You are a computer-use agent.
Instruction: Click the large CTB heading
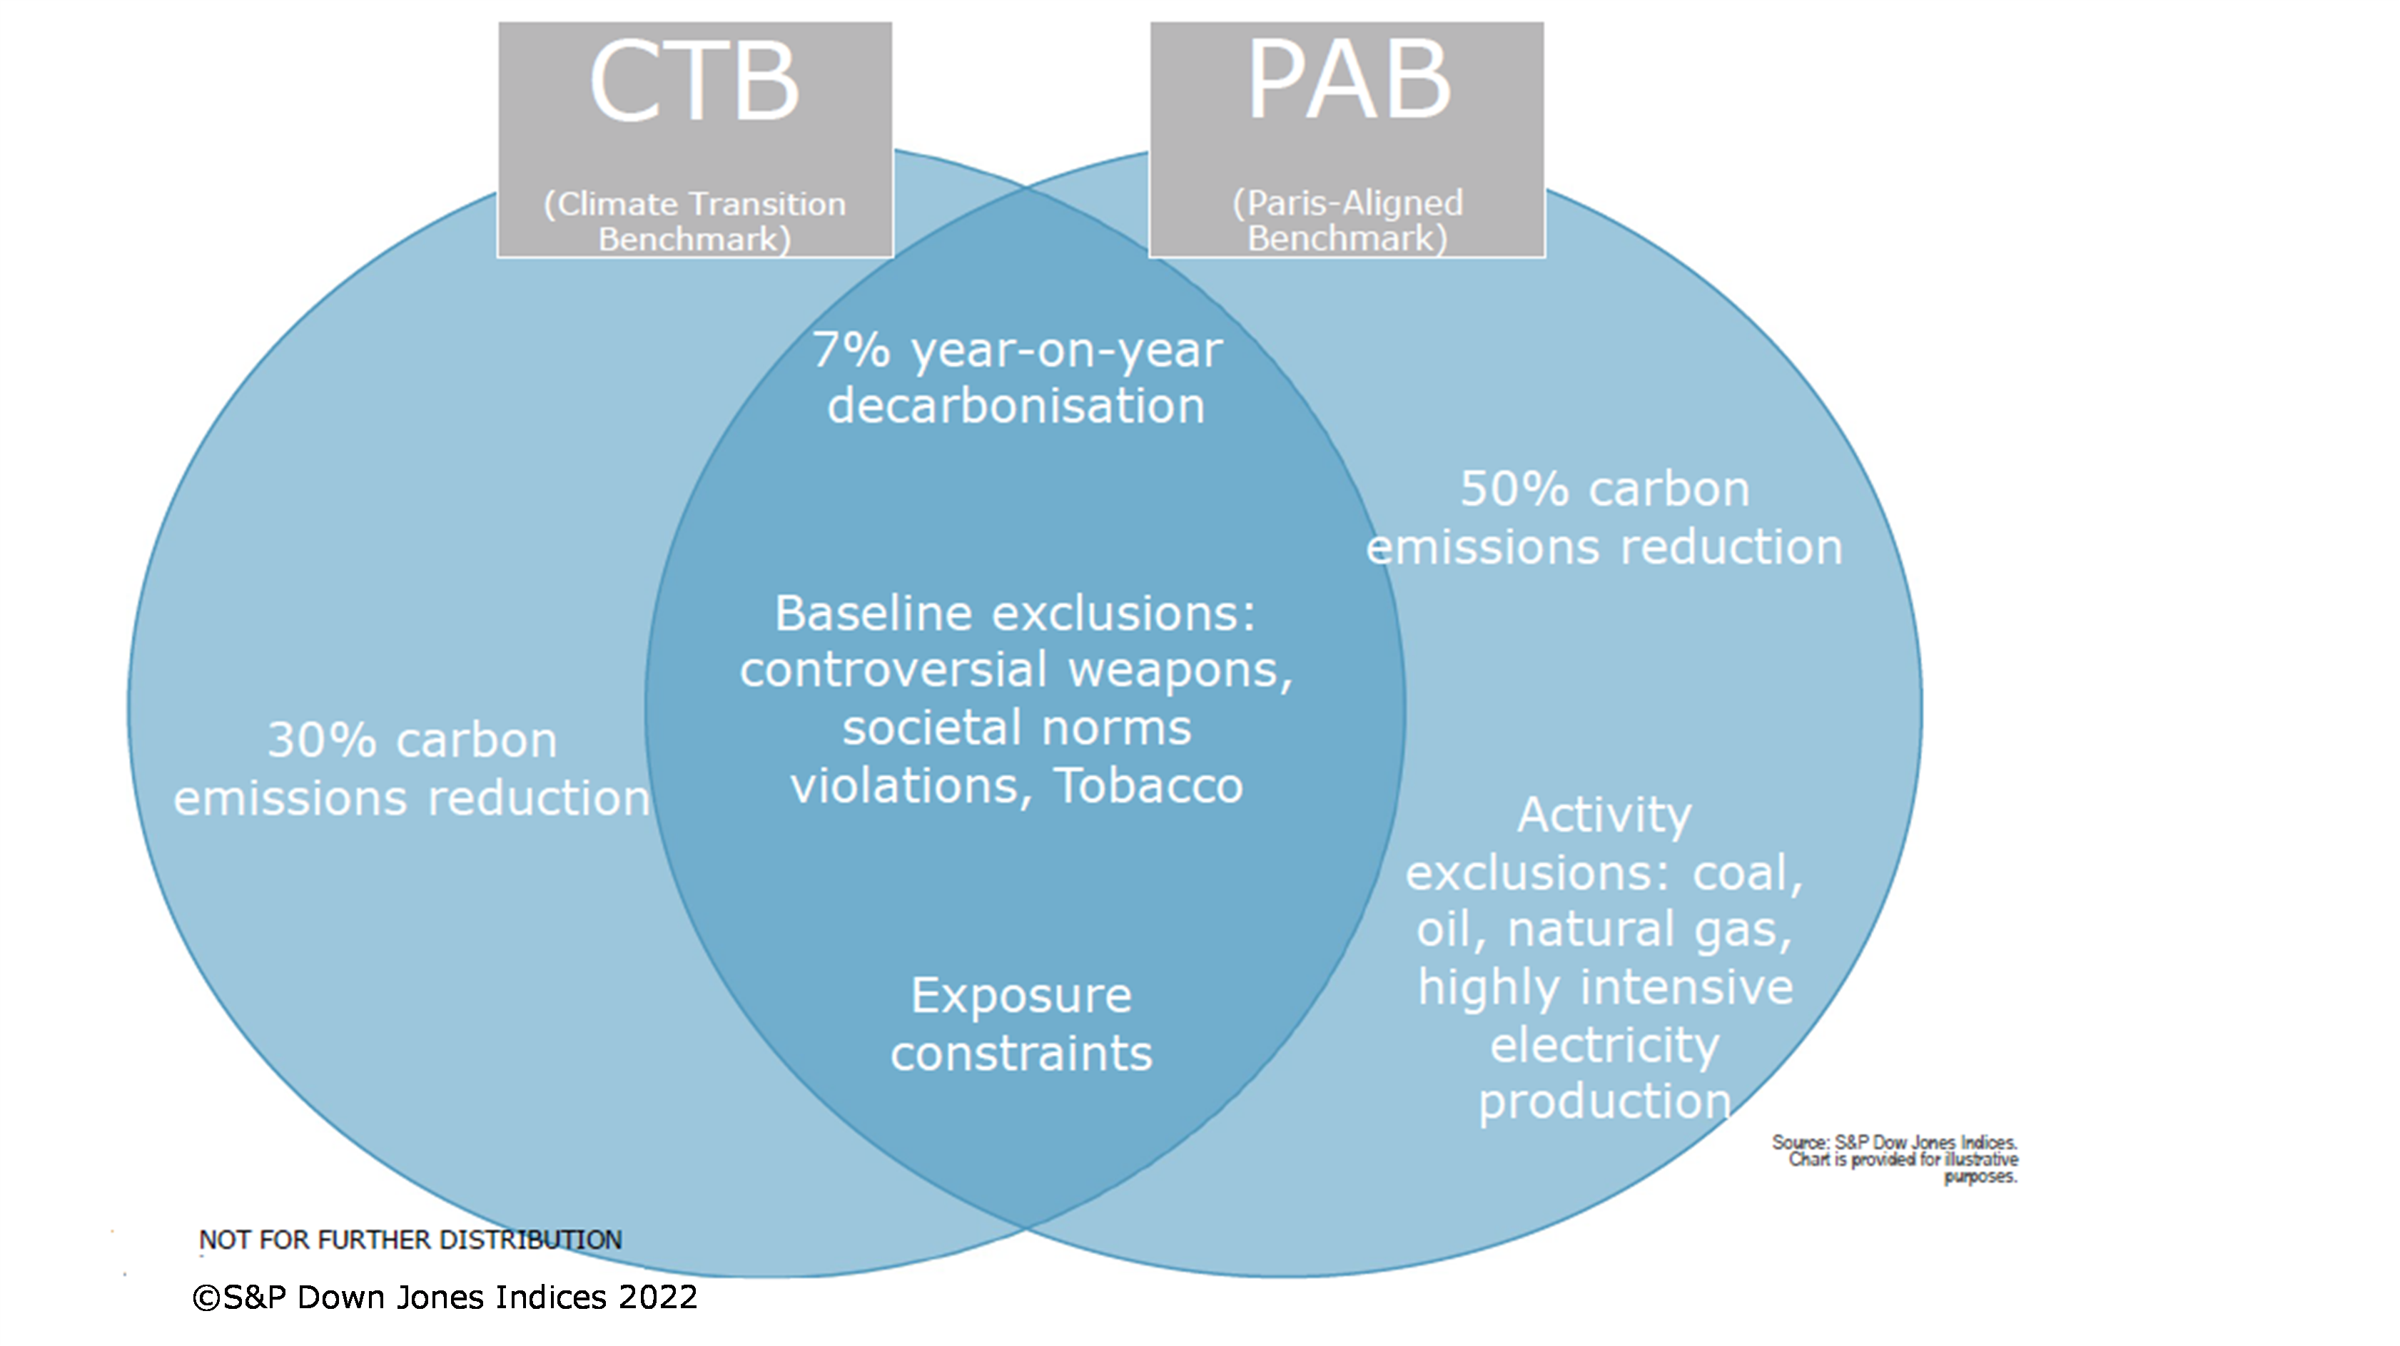(x=694, y=82)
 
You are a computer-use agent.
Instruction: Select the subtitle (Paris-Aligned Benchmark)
(x=1347, y=220)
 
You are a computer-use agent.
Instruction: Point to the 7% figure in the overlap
(x=851, y=350)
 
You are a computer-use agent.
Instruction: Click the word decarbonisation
(x=1016, y=406)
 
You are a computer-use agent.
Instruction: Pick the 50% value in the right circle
(x=1514, y=490)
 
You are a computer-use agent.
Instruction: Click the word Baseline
(x=873, y=614)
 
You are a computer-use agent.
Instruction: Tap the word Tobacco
(x=1149, y=786)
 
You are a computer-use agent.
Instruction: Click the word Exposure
(x=1021, y=996)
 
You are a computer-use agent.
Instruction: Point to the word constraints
(x=1021, y=1054)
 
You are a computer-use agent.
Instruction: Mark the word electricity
(x=1604, y=1045)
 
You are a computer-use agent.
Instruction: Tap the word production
(x=1604, y=1102)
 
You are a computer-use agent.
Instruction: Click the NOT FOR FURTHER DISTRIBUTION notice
(x=410, y=1240)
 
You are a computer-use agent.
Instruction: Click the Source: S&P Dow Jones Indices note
(x=1894, y=1143)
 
